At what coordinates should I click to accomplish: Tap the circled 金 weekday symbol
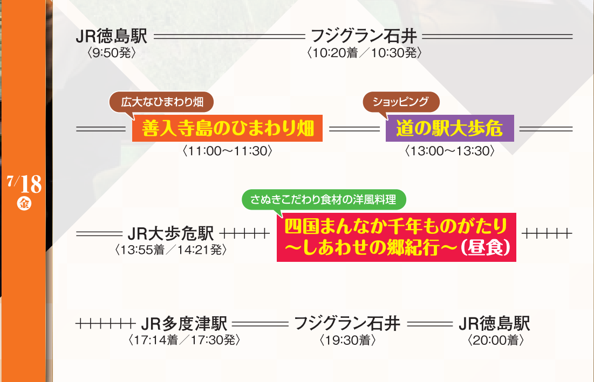[24, 204]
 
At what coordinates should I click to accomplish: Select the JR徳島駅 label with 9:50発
[111, 36]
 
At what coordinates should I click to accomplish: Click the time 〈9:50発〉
[111, 53]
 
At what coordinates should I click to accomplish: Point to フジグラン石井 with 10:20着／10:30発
[364, 36]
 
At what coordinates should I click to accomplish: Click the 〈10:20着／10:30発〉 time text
[364, 53]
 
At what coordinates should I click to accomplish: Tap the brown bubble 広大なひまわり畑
[161, 102]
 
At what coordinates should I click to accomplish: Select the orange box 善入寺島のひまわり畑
[227, 128]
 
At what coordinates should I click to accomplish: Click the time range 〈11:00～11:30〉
[227, 151]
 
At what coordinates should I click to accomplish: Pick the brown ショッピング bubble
[401, 102]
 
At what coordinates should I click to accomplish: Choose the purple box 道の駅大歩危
[449, 128]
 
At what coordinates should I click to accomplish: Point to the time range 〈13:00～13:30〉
[449, 151]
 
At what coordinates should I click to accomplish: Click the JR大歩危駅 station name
[171, 233]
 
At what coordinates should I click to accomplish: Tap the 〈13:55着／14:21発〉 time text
[171, 249]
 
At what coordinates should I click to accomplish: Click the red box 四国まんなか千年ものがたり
[396, 237]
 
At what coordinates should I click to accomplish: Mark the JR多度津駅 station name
[184, 324]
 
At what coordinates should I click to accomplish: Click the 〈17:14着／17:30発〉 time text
[185, 340]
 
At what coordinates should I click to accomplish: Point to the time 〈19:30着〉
[348, 340]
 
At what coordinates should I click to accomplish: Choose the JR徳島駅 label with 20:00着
[494, 324]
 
